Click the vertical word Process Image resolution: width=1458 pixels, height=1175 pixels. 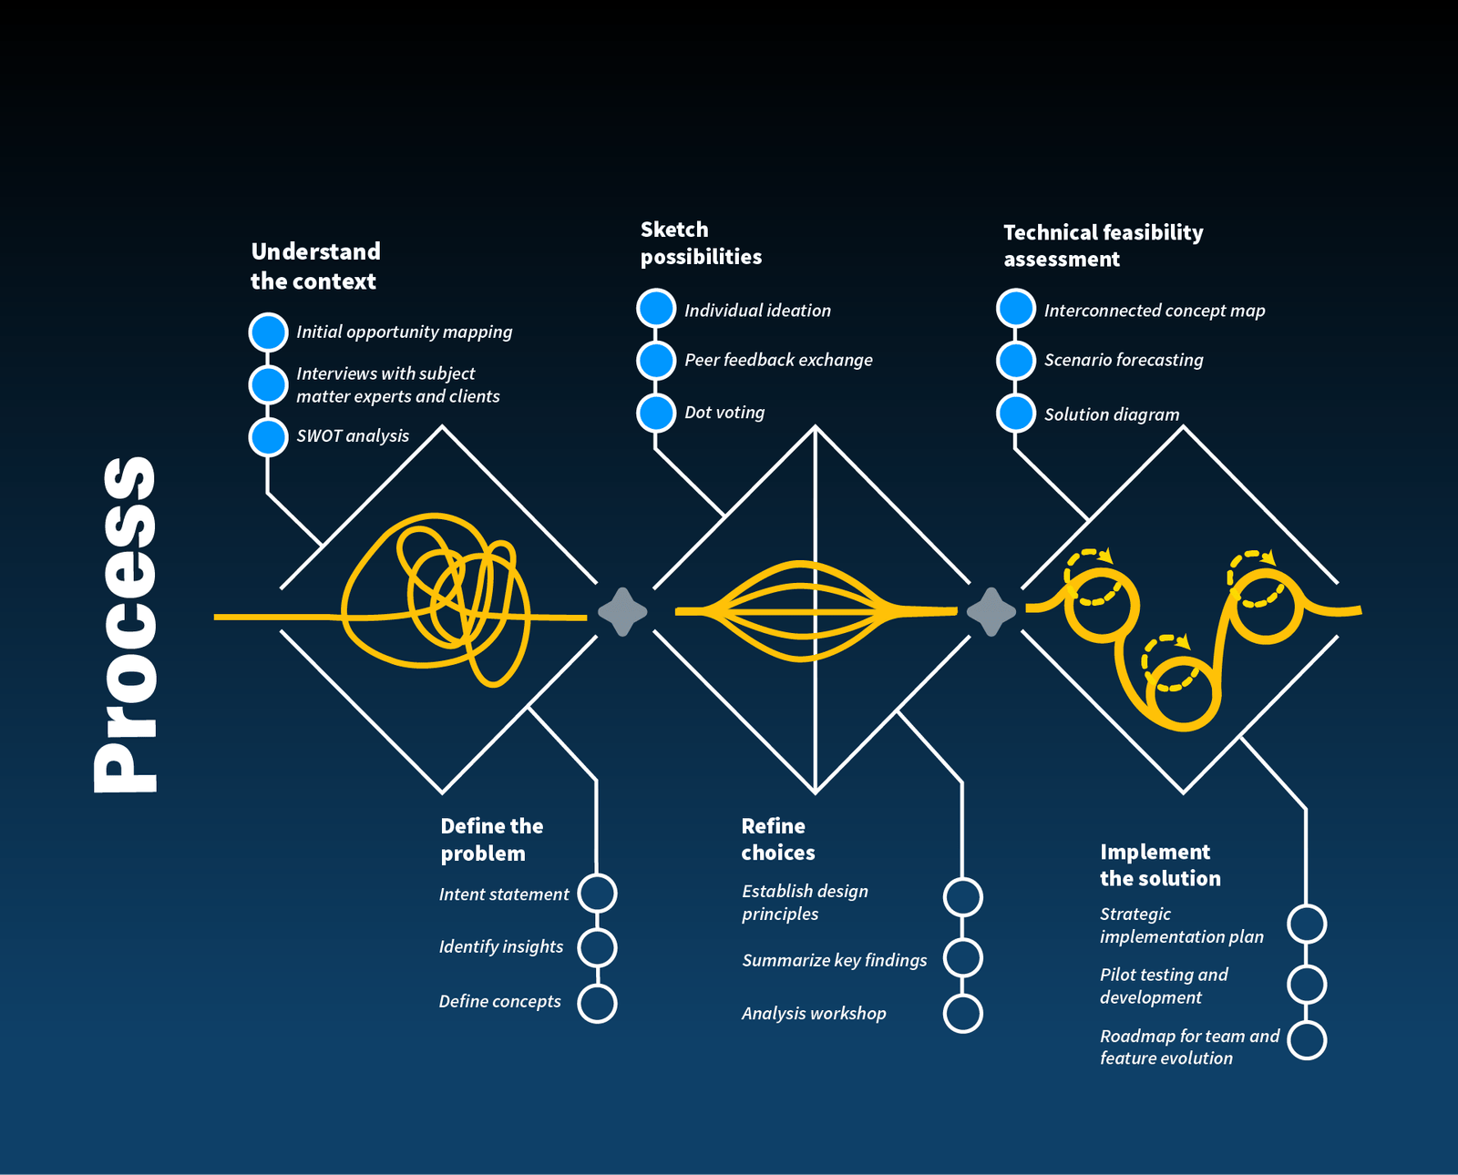(x=125, y=624)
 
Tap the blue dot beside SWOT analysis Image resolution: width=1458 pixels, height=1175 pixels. (x=268, y=436)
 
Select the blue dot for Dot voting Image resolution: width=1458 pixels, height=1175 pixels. (x=656, y=413)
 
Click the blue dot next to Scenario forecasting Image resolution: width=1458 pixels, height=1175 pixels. (x=1015, y=360)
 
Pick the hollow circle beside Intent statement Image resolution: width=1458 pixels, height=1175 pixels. (x=598, y=894)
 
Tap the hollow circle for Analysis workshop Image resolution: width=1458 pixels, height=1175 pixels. (x=962, y=1013)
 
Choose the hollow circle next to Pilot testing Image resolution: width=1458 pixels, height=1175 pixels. (x=1307, y=985)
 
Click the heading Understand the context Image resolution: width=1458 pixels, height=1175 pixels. (x=315, y=266)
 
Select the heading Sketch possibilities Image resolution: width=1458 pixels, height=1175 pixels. (x=701, y=243)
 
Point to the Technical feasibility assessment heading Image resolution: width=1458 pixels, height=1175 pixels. (x=1103, y=246)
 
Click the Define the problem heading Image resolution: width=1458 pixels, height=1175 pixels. (x=492, y=840)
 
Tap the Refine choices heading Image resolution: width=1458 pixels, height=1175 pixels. (x=777, y=839)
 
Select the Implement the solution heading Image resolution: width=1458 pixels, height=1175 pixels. (x=1159, y=865)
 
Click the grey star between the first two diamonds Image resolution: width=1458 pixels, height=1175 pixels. (x=622, y=612)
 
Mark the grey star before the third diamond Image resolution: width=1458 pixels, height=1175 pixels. (x=991, y=611)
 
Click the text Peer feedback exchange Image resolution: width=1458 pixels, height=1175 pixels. (x=778, y=360)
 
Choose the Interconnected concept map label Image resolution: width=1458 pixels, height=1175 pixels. (x=1154, y=311)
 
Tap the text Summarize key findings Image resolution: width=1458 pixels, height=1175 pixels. (x=834, y=960)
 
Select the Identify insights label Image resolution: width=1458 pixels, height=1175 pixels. (x=501, y=946)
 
